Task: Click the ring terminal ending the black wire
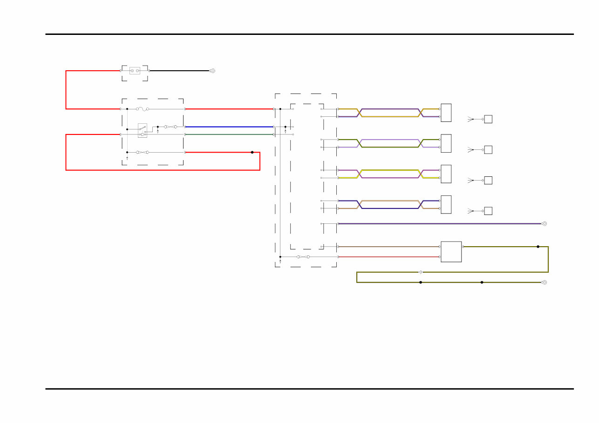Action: (212, 71)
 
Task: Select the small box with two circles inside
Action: (135, 71)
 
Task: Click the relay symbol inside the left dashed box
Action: (143, 130)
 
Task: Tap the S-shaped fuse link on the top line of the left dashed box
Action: (143, 109)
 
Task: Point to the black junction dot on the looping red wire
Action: (252, 152)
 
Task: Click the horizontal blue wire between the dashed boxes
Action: (228, 127)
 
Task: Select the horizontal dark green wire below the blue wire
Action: (228, 134)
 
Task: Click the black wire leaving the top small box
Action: (179, 71)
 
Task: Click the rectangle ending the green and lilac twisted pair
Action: (446, 143)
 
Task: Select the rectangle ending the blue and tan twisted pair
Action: (446, 204)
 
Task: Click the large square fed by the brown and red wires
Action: (451, 252)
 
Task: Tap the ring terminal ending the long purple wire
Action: (544, 224)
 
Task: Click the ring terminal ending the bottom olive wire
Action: (544, 282)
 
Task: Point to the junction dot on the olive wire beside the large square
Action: (538, 247)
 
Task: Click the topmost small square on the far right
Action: (488, 119)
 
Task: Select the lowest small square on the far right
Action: (488, 211)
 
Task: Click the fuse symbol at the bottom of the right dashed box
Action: (303, 257)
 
